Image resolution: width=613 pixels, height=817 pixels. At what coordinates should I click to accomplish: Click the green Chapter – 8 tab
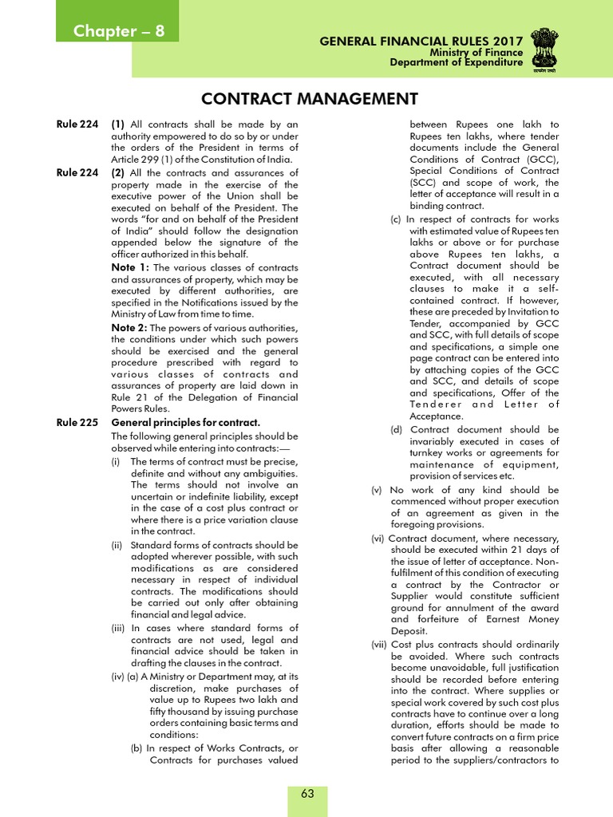[x=117, y=31]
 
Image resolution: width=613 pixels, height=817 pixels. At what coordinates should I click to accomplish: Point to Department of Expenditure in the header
[x=456, y=63]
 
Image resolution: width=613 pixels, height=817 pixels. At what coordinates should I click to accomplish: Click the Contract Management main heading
[x=309, y=99]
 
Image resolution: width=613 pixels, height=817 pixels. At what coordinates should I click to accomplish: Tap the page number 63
[x=307, y=794]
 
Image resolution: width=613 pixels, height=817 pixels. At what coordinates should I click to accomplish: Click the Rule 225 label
[x=77, y=422]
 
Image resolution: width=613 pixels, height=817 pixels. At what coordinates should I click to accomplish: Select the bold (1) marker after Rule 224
[x=118, y=124]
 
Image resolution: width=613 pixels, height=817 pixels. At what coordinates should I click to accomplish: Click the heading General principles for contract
[x=185, y=422]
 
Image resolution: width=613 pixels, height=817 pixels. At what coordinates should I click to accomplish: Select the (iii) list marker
[x=119, y=628]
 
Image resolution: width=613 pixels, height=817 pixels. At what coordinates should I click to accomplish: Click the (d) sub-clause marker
[x=397, y=429]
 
